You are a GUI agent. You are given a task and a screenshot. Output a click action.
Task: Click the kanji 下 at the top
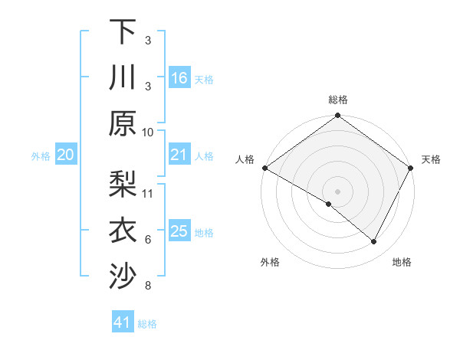123,31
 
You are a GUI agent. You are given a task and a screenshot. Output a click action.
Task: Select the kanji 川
123,77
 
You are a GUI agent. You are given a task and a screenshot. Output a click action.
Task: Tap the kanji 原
123,123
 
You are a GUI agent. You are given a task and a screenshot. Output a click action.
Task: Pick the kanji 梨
123,184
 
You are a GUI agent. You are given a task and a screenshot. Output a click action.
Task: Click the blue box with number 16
179,78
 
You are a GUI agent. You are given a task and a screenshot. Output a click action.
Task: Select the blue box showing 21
179,155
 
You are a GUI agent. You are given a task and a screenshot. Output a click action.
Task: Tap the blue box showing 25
179,232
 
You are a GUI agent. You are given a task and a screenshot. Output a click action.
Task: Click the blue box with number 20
65,155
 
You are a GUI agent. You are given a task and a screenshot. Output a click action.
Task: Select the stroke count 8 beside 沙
148,286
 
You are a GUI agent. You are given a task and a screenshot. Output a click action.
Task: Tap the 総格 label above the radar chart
338,100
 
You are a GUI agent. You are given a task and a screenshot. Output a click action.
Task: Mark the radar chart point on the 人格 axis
264,168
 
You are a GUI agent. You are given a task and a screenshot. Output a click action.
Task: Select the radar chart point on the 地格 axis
374,242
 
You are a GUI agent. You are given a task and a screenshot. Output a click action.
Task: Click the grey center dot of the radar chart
338,191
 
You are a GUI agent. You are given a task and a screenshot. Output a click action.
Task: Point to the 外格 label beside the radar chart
270,262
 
